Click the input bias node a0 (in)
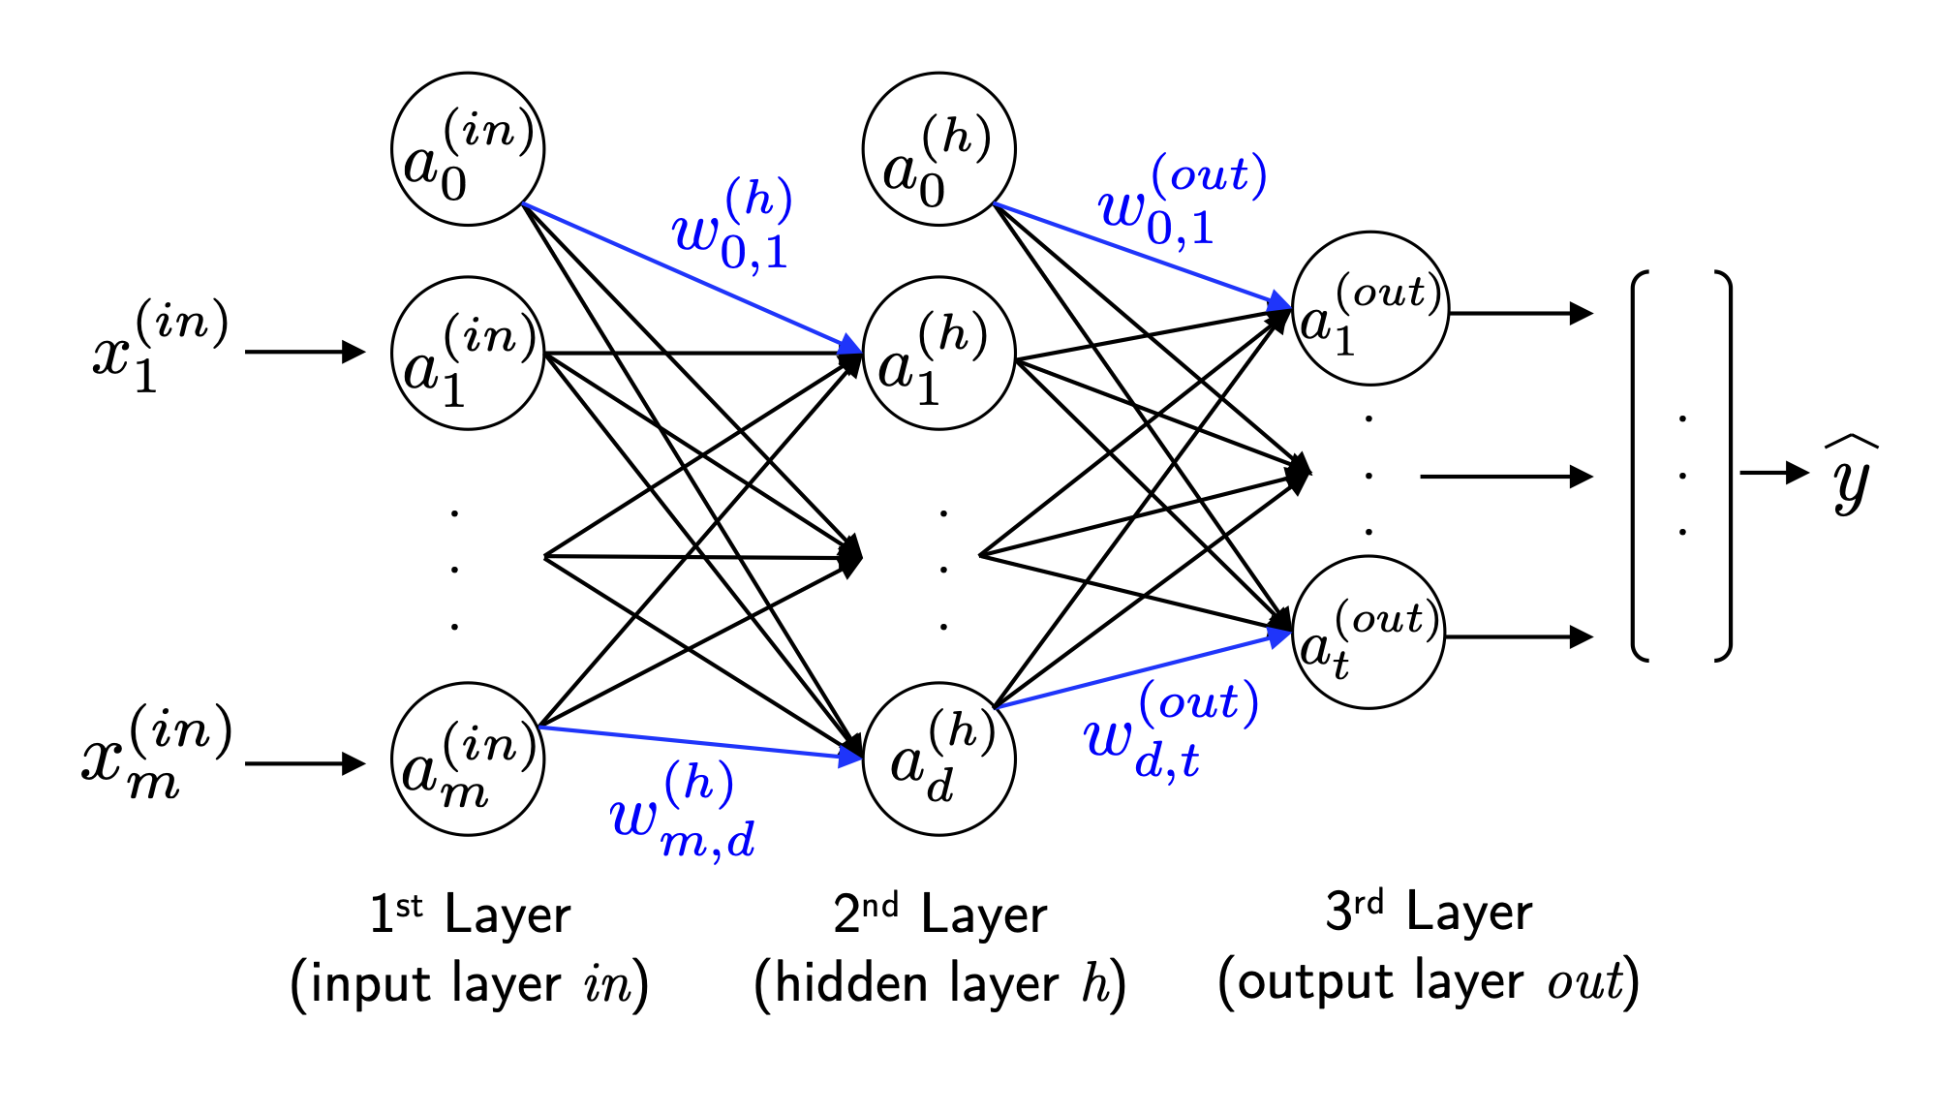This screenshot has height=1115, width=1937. pos(468,149)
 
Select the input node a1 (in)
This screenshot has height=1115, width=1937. pos(468,354)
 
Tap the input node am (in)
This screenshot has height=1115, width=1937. pos(468,759)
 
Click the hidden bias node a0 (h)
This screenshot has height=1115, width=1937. pos(938,149)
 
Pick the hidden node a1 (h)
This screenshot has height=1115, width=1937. pos(938,354)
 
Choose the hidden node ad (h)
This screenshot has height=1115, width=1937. pos(938,759)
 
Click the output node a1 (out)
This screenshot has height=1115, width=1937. pos(1370,308)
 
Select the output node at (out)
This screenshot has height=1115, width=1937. pos(1368,633)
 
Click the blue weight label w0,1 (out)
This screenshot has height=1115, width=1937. pos(1182,201)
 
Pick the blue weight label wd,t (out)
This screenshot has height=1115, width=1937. pos(1170,732)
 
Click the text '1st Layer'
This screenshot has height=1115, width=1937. pos(470,914)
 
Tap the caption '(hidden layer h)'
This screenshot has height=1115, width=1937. pos(939,984)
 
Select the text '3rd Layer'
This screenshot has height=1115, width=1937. pos(1429,913)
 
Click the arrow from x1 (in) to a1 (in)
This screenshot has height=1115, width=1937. pos(305,352)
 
